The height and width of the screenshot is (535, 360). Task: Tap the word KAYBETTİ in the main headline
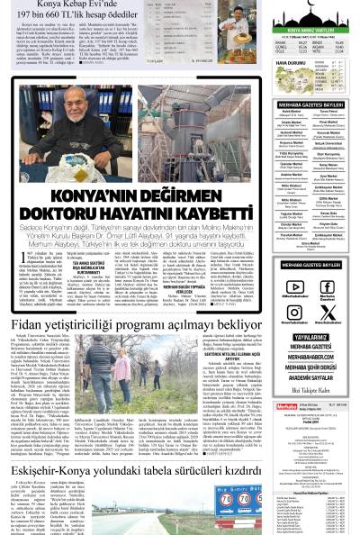pos(215,213)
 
